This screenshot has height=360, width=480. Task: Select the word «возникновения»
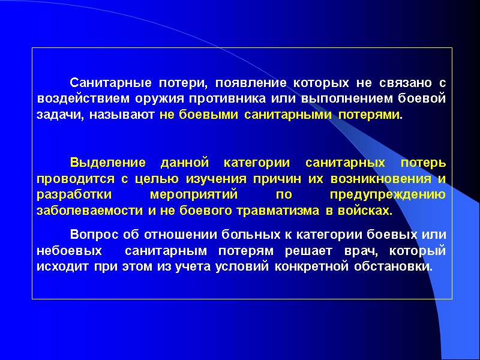[377, 179]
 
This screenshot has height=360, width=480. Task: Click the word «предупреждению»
[388, 195]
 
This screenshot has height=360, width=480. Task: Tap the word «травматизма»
[271, 211]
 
